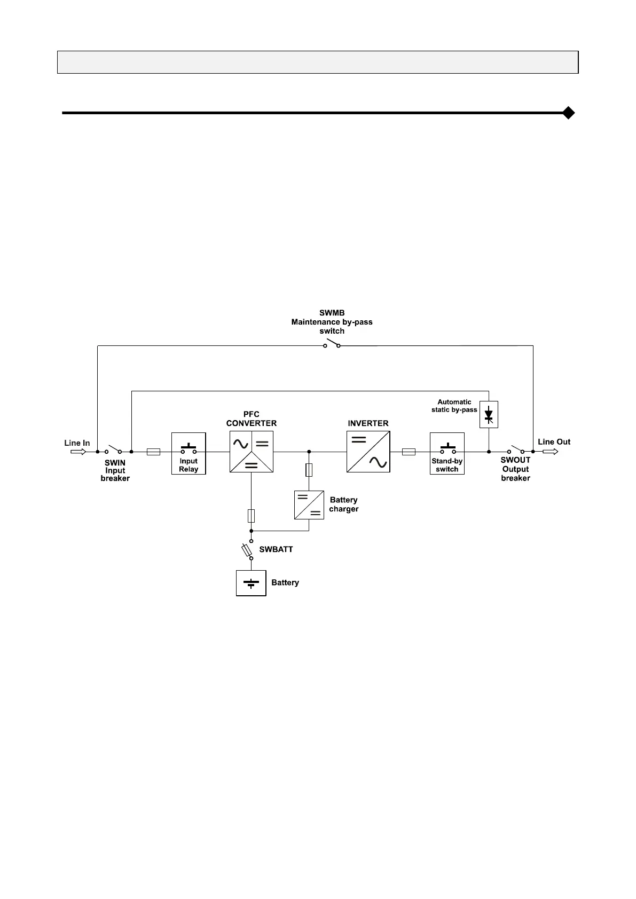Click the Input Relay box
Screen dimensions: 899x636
189,453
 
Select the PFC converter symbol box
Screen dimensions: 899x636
252,452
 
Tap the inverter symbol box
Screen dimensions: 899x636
368,452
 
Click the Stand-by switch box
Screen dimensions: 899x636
447,453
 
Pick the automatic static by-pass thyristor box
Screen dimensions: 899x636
489,414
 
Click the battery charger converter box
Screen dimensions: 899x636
309,504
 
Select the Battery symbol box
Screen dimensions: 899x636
251,583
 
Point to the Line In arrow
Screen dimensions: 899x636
78,452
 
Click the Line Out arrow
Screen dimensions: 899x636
551,452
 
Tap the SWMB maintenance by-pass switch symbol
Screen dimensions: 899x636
332,344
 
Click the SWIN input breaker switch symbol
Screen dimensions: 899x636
114,449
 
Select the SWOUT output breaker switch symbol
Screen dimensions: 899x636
516,449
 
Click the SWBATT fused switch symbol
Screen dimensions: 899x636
247,550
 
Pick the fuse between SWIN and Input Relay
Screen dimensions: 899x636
153,452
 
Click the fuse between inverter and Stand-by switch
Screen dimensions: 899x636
409,452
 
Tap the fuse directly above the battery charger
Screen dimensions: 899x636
309,470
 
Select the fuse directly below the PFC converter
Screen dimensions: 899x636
252,516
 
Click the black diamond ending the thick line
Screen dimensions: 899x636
569,113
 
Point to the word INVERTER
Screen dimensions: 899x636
368,423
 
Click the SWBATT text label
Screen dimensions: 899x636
276,549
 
